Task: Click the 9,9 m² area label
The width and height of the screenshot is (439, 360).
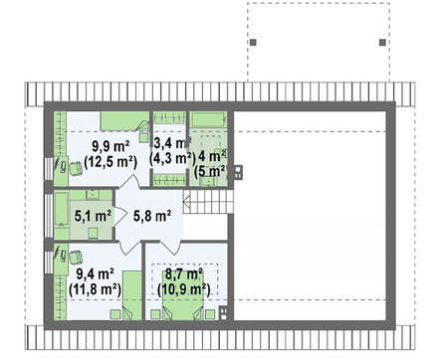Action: [x=110, y=147]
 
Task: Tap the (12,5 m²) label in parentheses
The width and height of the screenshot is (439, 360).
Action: [x=110, y=162]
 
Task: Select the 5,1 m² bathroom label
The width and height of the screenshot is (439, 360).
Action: [x=93, y=216]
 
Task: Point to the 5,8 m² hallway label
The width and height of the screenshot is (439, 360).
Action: [x=152, y=216]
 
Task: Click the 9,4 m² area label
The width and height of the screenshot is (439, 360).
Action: [x=96, y=274]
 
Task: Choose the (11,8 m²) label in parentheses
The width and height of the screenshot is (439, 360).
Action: [x=96, y=289]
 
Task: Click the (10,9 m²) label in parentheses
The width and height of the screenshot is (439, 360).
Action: [x=184, y=289]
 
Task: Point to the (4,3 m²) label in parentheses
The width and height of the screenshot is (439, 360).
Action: [x=171, y=159]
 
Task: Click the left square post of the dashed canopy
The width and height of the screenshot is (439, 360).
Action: [x=253, y=42]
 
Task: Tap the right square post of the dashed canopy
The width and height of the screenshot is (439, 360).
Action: [x=382, y=42]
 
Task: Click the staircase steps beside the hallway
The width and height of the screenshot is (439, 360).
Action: [x=208, y=202]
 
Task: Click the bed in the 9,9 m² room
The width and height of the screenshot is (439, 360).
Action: [x=124, y=121]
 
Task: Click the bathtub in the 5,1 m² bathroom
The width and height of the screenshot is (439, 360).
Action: [x=62, y=215]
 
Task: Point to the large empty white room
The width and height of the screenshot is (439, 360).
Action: [x=310, y=216]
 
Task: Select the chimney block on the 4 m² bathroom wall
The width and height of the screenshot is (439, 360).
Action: [x=238, y=172]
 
